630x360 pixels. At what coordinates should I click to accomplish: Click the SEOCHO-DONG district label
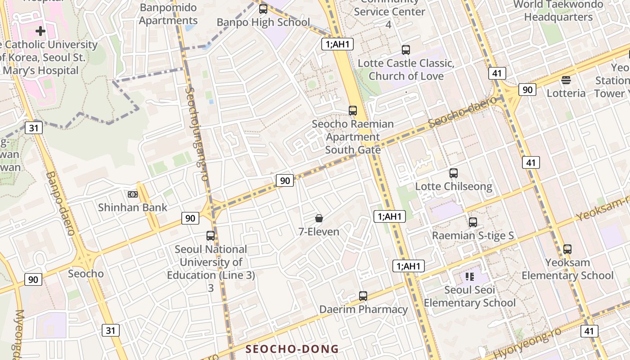click(292, 349)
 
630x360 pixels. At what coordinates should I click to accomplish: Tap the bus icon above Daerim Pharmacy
click(363, 296)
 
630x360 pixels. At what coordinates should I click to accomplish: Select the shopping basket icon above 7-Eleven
click(319, 218)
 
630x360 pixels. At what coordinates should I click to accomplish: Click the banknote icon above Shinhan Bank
click(132, 194)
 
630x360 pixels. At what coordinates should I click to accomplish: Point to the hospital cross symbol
click(40, 31)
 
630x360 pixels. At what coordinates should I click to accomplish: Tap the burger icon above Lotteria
click(566, 80)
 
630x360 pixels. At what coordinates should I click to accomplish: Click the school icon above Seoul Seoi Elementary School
click(470, 276)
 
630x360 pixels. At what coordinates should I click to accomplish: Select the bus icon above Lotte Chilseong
click(454, 173)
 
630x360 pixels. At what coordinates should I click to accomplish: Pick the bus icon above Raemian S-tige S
click(472, 222)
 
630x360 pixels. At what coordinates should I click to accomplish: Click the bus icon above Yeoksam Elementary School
click(567, 249)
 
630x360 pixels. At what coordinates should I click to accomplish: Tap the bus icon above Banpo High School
click(263, 9)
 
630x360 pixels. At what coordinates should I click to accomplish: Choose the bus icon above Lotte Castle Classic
click(406, 50)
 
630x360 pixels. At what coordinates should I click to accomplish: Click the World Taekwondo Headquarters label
click(558, 11)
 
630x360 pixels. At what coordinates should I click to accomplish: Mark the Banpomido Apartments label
click(168, 14)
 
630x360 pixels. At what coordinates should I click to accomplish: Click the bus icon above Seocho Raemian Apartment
click(353, 110)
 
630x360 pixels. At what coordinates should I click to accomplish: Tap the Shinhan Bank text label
click(132, 207)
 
